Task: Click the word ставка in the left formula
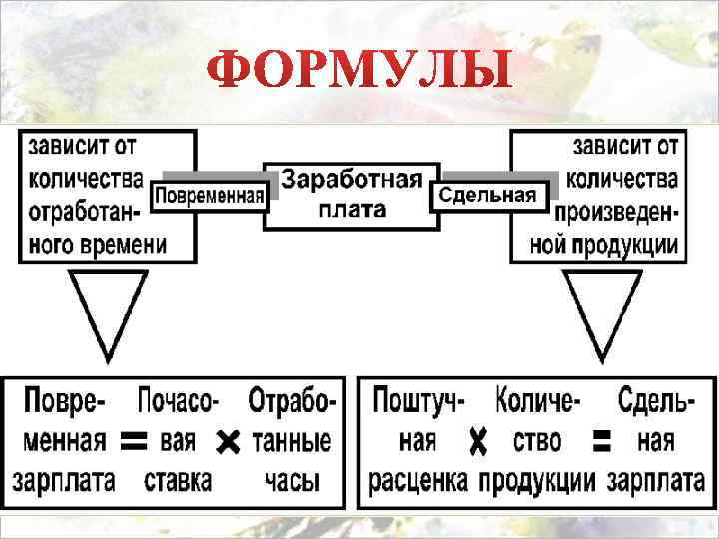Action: pyautogui.click(x=178, y=480)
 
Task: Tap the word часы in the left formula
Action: pyautogui.click(x=292, y=480)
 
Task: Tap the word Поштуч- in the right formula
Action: pyautogui.click(x=419, y=400)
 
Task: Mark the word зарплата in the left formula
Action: pyautogui.click(x=64, y=480)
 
